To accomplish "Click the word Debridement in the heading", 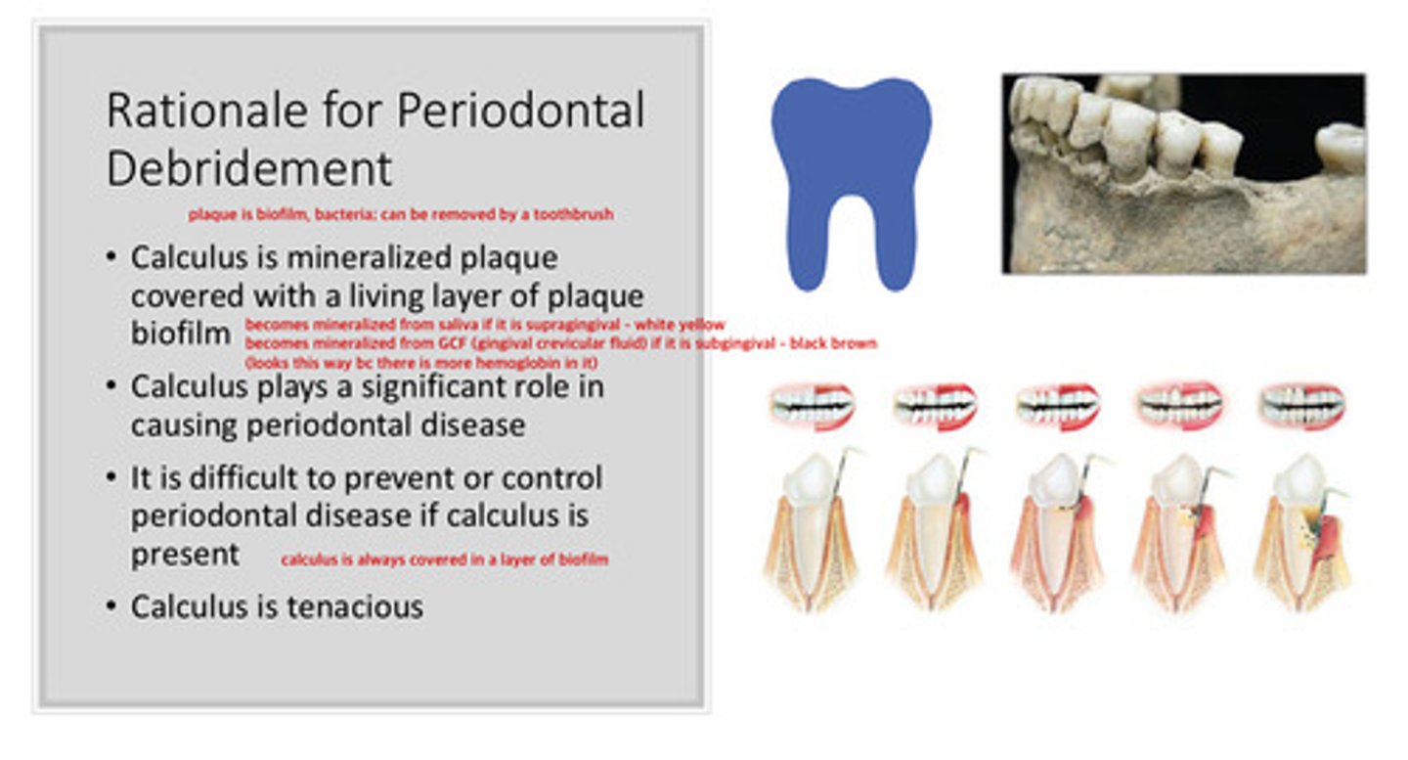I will tap(248, 168).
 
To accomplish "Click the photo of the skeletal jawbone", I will tap(1183, 174).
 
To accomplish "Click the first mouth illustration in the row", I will tap(812, 405).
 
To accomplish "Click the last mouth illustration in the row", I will tap(1302, 405).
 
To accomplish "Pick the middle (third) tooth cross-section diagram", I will tap(1059, 533).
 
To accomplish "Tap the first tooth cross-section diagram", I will tap(812, 533).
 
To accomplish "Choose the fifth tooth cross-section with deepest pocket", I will tap(1302, 533).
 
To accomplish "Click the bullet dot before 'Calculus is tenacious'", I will tap(111, 607).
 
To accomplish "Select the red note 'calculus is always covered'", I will tap(444, 559).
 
